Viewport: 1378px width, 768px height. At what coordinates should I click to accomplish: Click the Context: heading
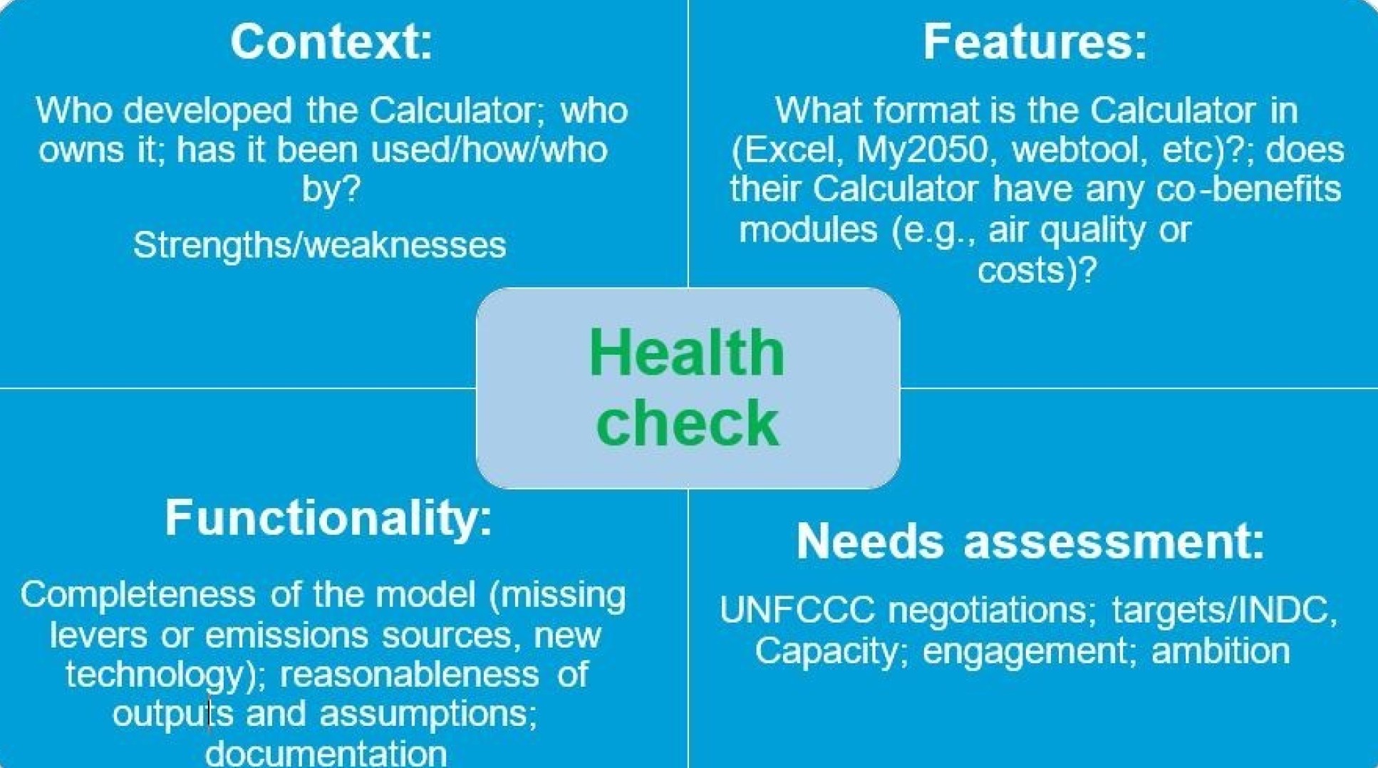(x=331, y=41)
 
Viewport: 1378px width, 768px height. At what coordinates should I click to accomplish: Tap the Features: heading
(x=1035, y=41)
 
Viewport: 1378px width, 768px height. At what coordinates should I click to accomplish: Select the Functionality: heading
(x=328, y=517)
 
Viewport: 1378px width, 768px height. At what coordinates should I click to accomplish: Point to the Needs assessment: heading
(x=1030, y=541)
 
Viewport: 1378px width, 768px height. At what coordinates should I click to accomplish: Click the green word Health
(x=687, y=353)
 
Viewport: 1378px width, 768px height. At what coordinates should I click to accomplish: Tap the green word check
(x=687, y=423)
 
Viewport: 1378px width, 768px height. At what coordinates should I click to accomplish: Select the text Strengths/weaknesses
(x=319, y=245)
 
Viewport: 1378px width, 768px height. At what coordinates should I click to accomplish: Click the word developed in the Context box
(x=207, y=111)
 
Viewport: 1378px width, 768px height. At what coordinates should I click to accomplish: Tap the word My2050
(x=922, y=150)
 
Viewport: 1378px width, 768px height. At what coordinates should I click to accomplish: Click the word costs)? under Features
(x=1037, y=271)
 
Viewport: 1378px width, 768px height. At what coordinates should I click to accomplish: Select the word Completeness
(x=138, y=595)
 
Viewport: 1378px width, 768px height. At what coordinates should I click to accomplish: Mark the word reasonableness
(x=409, y=675)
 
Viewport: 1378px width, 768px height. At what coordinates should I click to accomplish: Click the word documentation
(x=326, y=752)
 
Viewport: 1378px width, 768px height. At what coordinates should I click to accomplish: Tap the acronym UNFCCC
(x=797, y=611)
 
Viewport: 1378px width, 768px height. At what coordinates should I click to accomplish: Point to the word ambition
(x=1220, y=651)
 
